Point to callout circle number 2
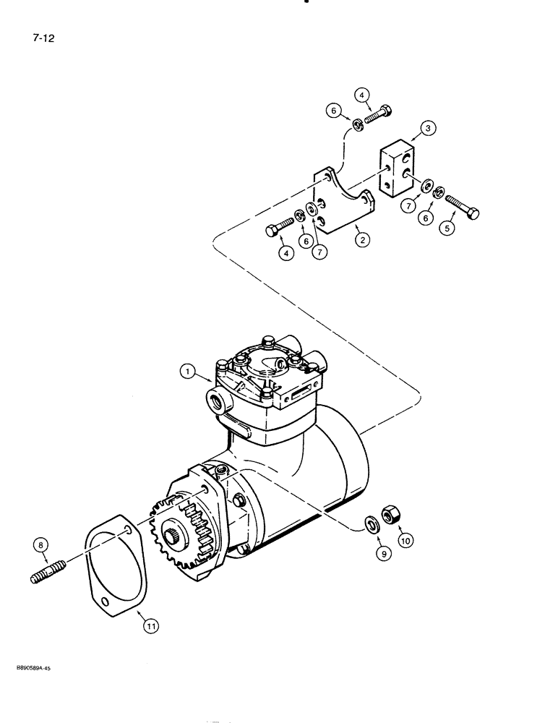coord(359,237)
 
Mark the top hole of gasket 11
coord(128,531)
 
